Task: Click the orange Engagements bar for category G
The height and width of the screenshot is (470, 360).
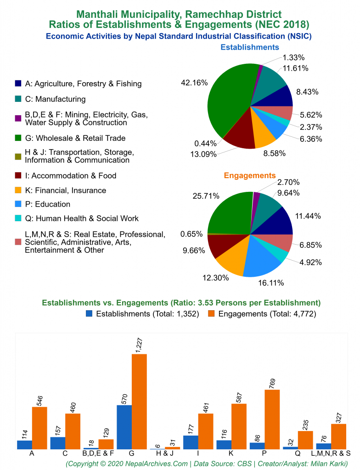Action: click(x=139, y=401)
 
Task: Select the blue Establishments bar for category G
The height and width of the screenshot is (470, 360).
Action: click(x=124, y=427)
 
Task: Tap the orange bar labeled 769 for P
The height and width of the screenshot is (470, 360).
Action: click(x=272, y=419)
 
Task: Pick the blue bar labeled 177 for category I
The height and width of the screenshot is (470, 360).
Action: click(x=191, y=442)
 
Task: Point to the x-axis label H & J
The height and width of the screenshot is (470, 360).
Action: click(x=164, y=453)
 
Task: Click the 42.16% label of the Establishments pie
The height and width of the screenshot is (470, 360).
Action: click(x=195, y=83)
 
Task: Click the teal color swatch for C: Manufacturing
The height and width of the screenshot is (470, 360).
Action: click(x=18, y=99)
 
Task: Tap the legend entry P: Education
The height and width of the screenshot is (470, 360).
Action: click(x=47, y=204)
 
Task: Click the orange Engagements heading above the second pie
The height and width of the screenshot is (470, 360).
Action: click(x=250, y=175)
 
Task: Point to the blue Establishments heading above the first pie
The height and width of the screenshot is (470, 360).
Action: click(x=250, y=47)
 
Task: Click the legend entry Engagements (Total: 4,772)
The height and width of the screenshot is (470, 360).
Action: click(x=267, y=314)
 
